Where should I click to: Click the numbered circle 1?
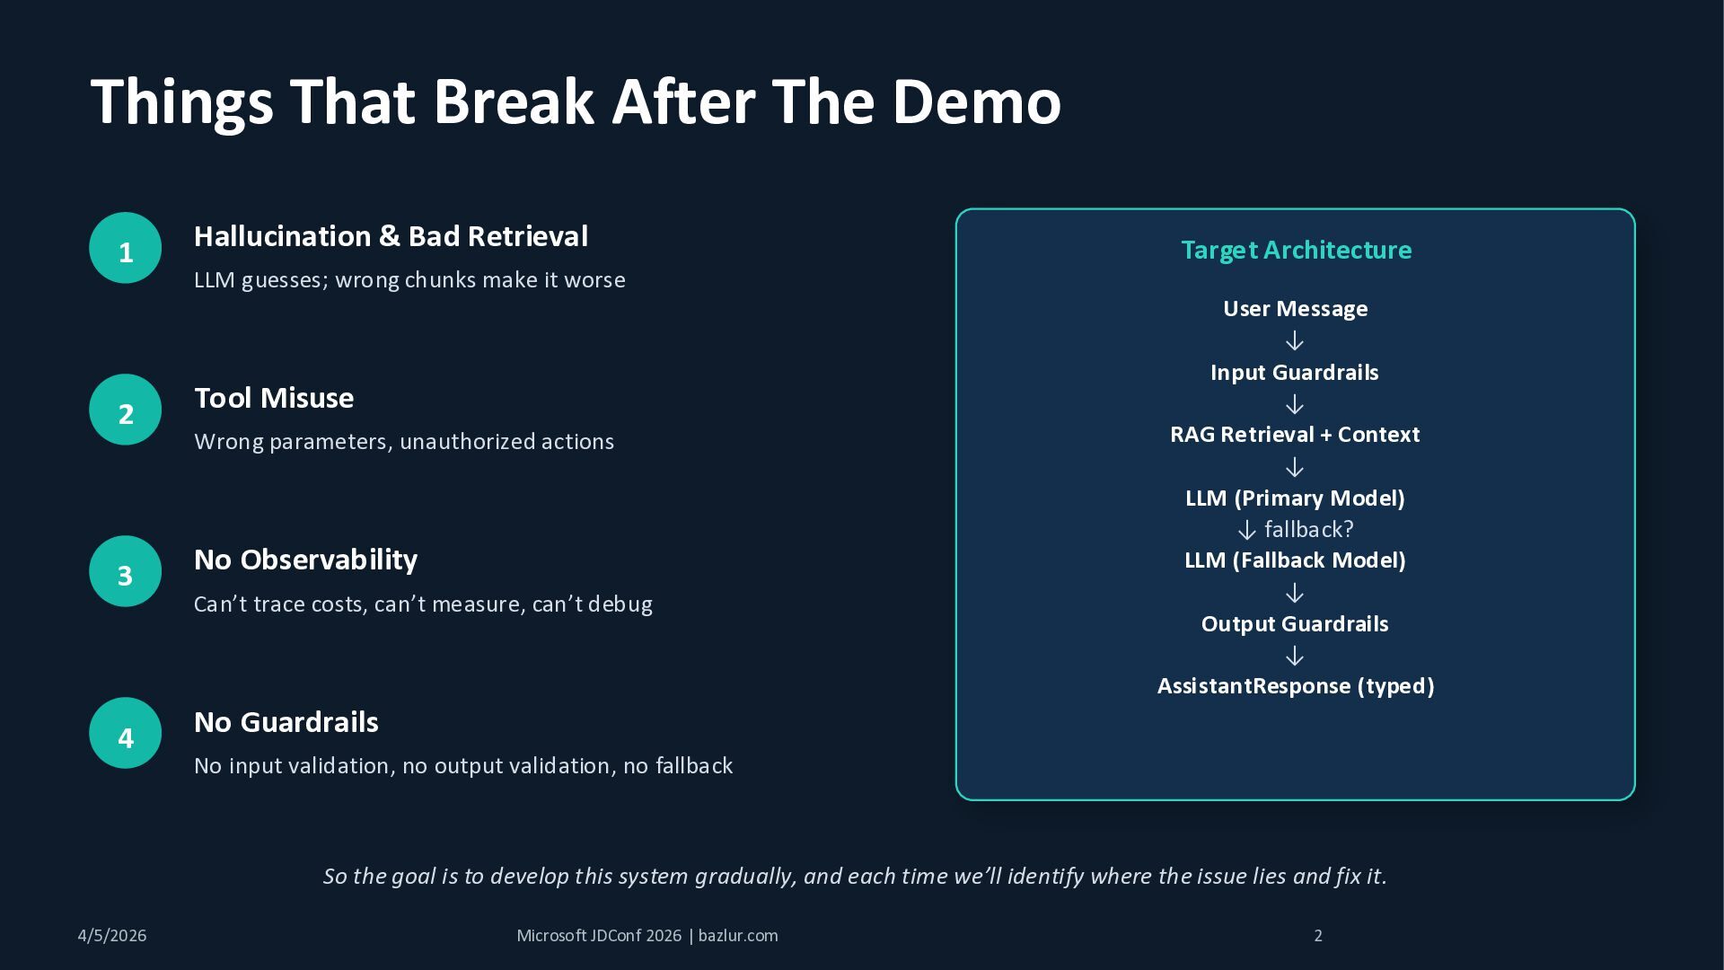tap(125, 248)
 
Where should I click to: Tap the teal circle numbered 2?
tap(125, 410)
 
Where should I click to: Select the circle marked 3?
tap(125, 571)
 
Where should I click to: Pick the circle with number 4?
tap(125, 733)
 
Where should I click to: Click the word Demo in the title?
tap(976, 101)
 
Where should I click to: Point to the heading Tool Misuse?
tap(274, 398)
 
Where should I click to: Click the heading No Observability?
tap(305, 560)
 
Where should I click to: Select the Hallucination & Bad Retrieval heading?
tap(391, 236)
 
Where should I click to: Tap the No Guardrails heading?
tap(286, 722)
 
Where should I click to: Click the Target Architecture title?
tap(1296, 250)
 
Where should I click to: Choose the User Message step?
tap(1295, 309)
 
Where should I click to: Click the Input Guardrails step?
tap(1294, 373)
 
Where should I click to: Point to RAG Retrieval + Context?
tap(1294, 435)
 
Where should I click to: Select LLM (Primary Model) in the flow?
tap(1295, 498)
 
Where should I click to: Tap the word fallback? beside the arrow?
tap(1308, 530)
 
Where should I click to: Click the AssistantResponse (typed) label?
tap(1295, 686)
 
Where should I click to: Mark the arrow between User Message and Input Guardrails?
tap(1294, 341)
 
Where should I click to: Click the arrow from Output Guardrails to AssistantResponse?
tap(1294, 656)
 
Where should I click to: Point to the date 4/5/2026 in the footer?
tap(112, 936)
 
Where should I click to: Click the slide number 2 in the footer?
tap(1318, 936)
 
